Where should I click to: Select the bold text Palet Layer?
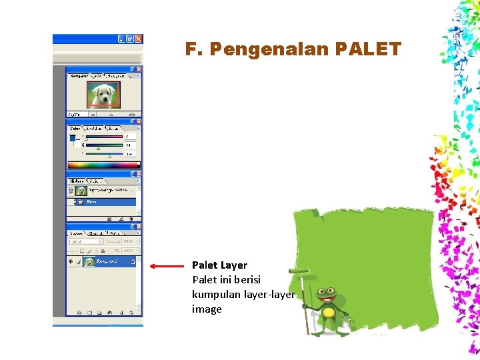click(219, 265)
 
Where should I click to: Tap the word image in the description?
click(207, 309)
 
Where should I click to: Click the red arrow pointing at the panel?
click(166, 266)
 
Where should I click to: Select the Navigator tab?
click(79, 76)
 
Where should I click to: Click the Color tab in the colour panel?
click(75, 128)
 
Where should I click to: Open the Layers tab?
click(77, 234)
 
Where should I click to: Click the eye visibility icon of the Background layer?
click(71, 262)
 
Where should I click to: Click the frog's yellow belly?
click(328, 313)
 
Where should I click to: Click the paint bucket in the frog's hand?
click(345, 324)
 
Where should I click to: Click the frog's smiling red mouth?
click(327, 299)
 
